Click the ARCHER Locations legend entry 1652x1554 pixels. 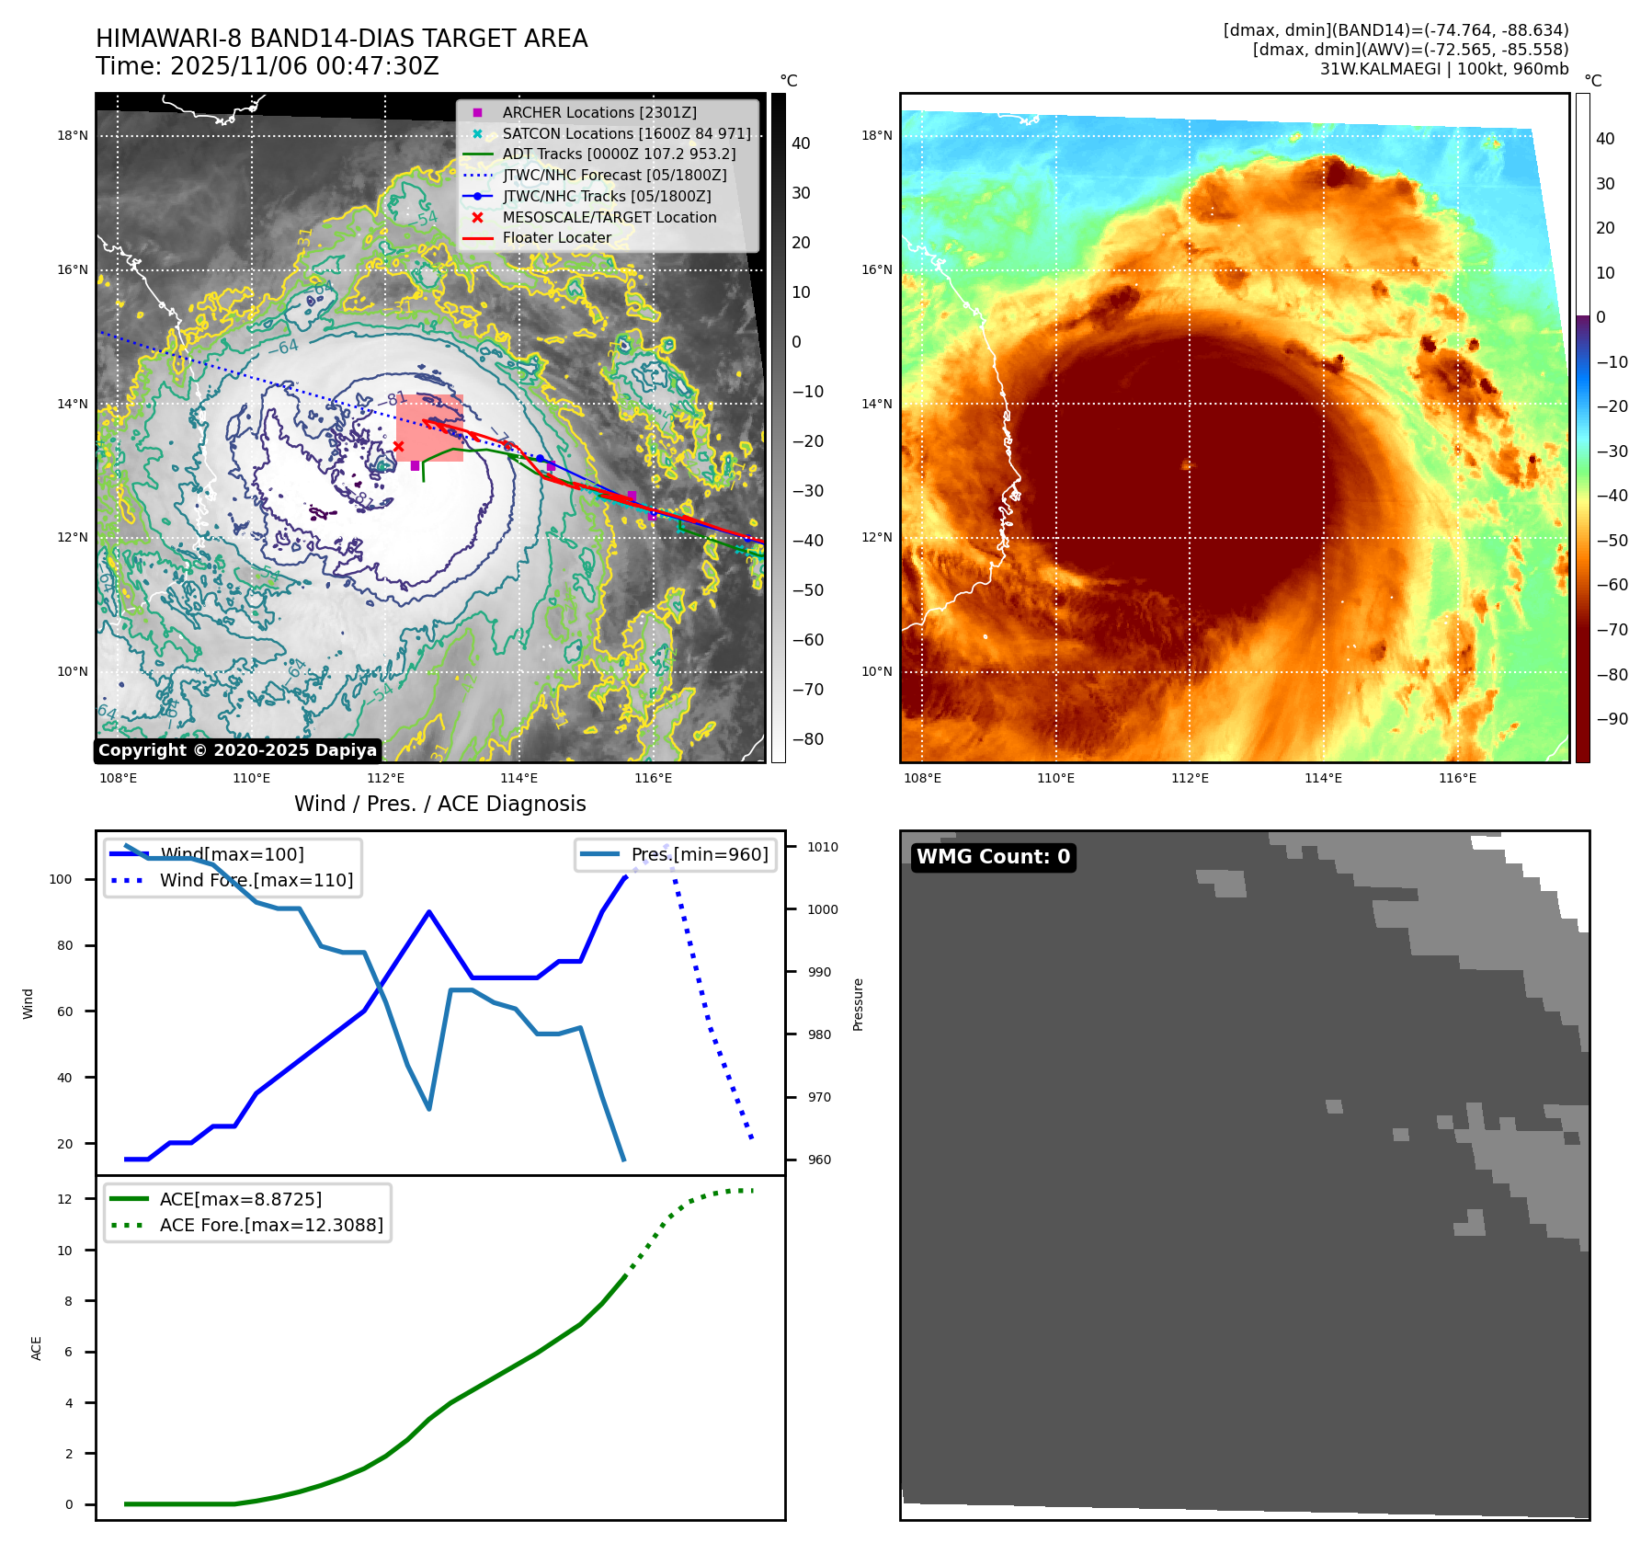[598, 112]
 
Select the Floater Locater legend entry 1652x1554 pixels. [556, 237]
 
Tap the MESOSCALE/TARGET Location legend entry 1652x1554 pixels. [609, 217]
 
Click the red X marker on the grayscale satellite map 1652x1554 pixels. [398, 447]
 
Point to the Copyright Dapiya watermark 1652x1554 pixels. [237, 750]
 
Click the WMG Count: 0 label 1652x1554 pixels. [993, 857]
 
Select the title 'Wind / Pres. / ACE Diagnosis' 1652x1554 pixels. [439, 804]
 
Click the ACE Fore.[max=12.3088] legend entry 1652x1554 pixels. [271, 1225]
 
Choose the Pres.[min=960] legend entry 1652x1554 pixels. [699, 854]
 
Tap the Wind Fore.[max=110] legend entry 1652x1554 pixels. [256, 880]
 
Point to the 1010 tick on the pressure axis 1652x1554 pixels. [823, 847]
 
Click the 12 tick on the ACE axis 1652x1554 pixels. [64, 1199]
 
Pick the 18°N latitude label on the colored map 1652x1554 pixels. [876, 136]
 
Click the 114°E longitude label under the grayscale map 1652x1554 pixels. [518, 778]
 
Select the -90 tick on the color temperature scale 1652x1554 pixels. [1612, 719]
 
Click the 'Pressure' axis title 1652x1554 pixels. [858, 1004]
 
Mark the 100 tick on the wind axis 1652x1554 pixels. [60, 879]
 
